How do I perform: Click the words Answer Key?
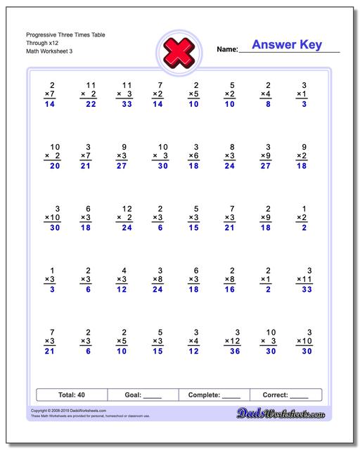286,45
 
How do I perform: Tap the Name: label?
227,50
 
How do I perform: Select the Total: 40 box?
71,395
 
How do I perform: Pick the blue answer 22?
90,104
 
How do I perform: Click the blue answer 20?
54,167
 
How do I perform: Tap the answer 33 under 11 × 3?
126,104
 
